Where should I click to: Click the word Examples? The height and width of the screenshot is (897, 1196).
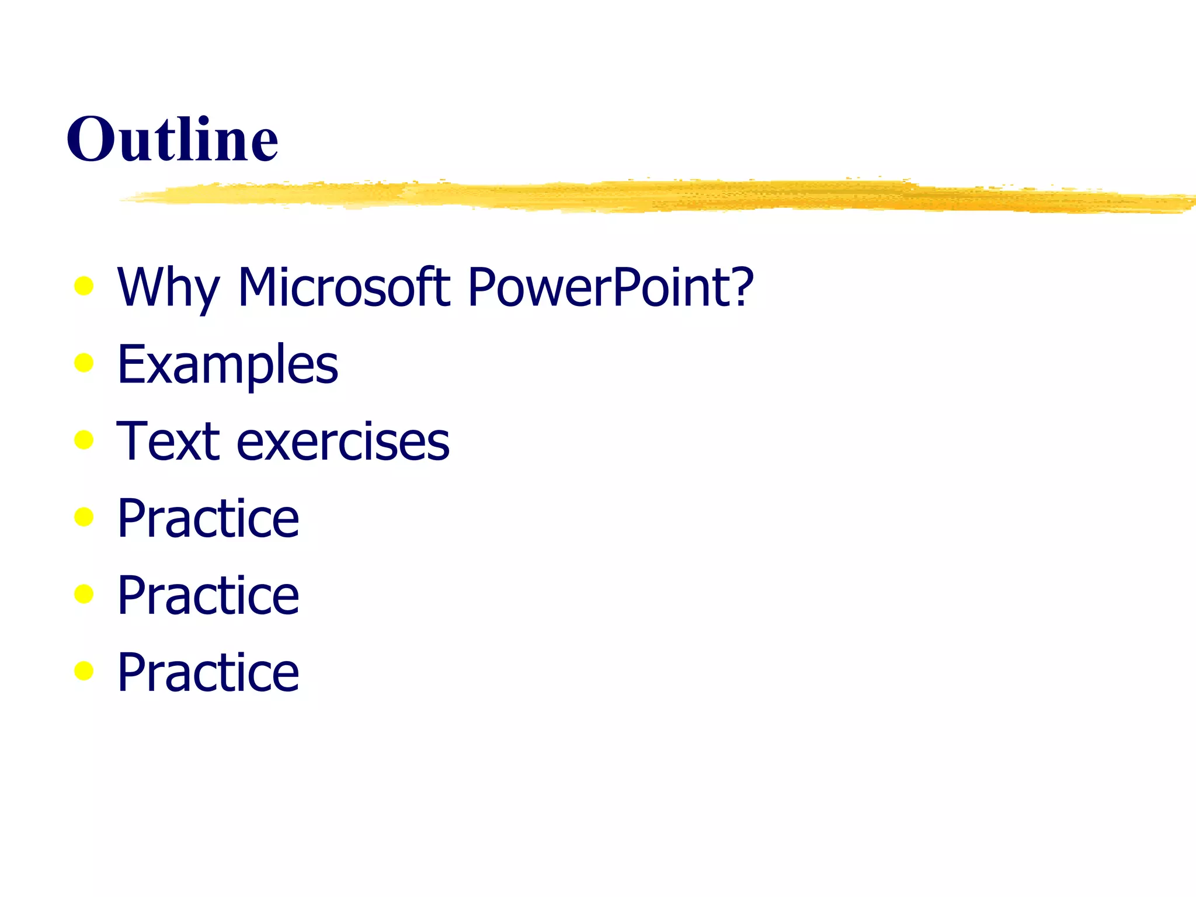(227, 365)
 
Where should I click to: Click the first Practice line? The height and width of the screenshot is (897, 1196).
(208, 518)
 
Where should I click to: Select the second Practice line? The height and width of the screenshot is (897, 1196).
(208, 595)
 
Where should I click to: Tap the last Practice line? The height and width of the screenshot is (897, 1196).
(208, 672)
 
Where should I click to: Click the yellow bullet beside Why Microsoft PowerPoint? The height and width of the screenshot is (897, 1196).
(84, 286)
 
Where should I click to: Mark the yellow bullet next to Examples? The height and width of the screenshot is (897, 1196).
(84, 363)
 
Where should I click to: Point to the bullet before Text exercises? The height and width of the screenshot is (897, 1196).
(84, 440)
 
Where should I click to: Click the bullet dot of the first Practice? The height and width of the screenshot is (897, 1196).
(84, 517)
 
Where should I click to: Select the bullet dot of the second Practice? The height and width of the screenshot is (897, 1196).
(84, 594)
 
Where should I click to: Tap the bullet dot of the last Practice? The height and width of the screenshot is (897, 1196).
(84, 671)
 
